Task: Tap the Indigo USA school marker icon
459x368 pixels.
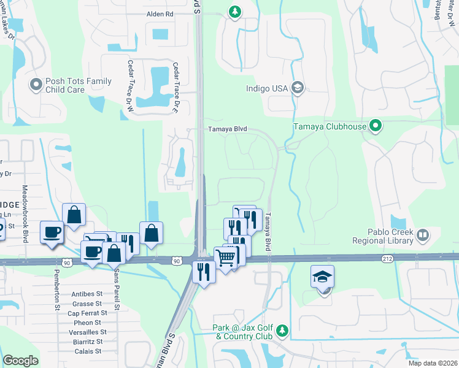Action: [x=298, y=88]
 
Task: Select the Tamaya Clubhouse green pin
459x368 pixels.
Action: [x=376, y=127]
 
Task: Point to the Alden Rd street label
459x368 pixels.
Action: [x=160, y=13]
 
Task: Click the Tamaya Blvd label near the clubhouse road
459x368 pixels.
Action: [x=227, y=129]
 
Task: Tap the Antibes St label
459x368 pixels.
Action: [x=87, y=294]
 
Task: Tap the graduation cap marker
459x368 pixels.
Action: [x=323, y=277]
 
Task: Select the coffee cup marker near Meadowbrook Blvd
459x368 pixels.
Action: [x=52, y=232]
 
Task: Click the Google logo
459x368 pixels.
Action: [x=20, y=361]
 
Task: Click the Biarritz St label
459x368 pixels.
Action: [x=85, y=342]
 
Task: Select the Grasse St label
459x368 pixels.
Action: [x=87, y=304]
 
